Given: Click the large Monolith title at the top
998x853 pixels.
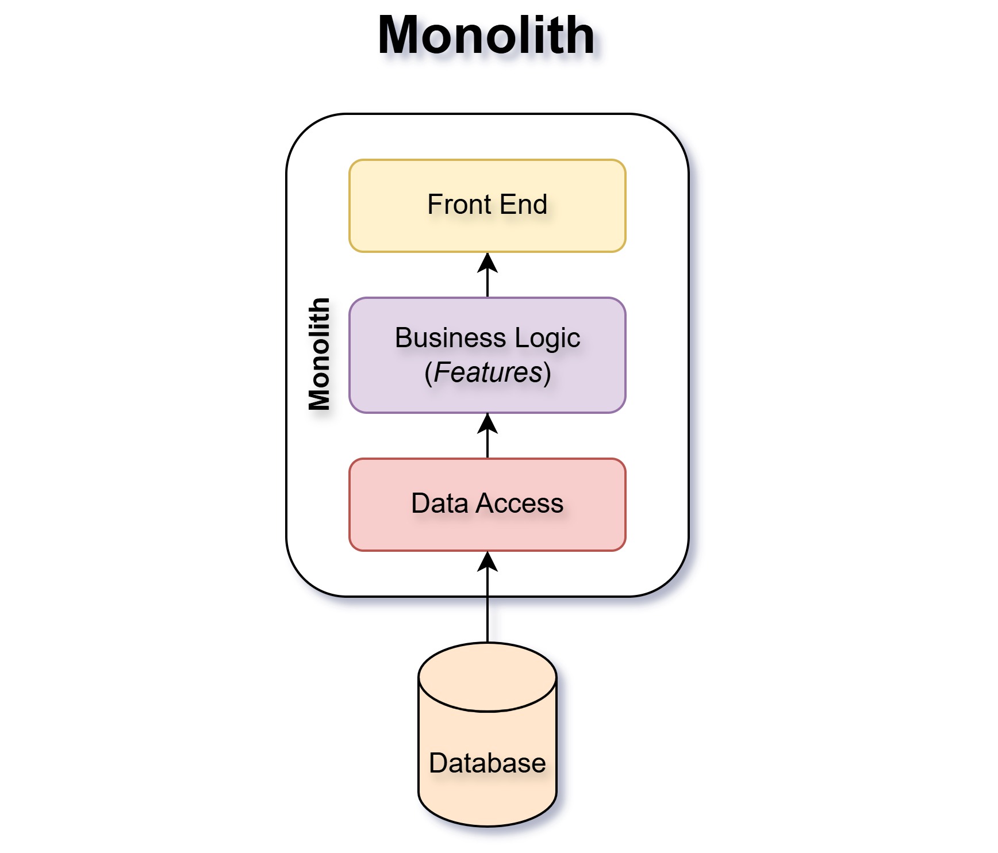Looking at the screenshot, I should (486, 36).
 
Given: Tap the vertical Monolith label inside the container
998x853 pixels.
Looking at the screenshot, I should (320, 354).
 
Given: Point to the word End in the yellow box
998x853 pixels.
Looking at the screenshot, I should (523, 205).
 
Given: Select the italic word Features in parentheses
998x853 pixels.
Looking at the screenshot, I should (488, 372).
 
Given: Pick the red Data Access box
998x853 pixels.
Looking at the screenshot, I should (487, 532).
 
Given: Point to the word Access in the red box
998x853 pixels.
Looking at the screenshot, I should (520, 504).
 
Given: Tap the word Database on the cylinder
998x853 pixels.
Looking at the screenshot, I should (487, 763).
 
